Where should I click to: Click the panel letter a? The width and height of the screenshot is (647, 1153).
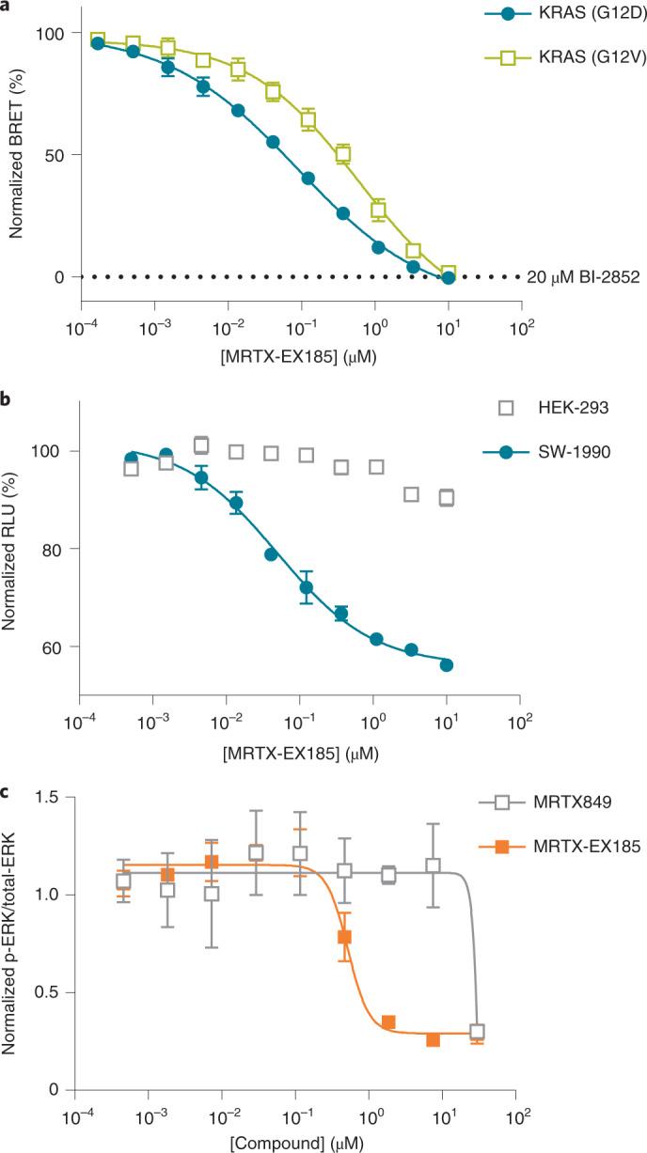click(6, 7)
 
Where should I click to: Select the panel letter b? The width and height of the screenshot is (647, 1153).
click(7, 400)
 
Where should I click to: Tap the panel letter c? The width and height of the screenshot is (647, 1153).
click(6, 791)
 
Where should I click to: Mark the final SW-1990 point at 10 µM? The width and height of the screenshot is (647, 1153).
click(447, 665)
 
